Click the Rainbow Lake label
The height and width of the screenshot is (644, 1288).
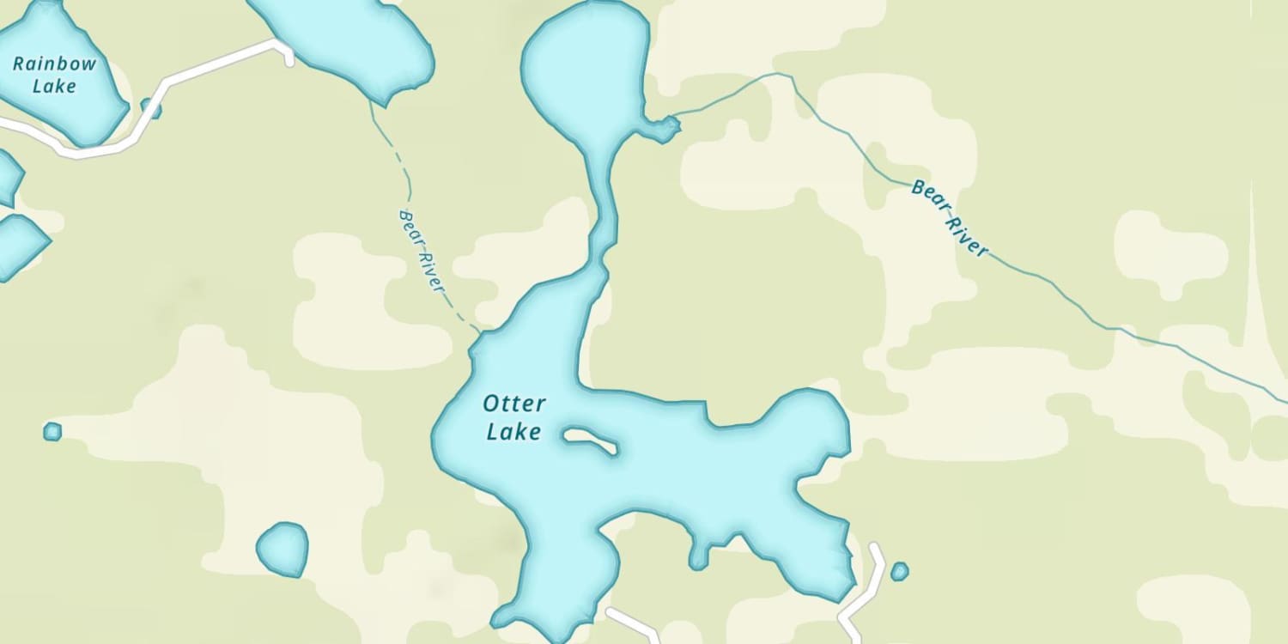55,75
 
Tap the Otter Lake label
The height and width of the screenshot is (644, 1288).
513,417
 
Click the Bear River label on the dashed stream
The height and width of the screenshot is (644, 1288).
422,250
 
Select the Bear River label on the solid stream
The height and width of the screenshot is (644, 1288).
949,217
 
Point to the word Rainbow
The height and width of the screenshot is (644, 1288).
55,64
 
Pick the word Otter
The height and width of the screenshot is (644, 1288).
513,404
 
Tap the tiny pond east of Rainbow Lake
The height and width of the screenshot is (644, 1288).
150,108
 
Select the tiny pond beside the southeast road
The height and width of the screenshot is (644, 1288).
899,571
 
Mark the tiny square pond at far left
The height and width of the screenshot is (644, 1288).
52,431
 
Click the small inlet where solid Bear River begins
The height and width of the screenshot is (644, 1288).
664,129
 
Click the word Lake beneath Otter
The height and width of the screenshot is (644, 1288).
513,431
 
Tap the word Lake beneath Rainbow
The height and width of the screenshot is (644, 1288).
55,86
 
